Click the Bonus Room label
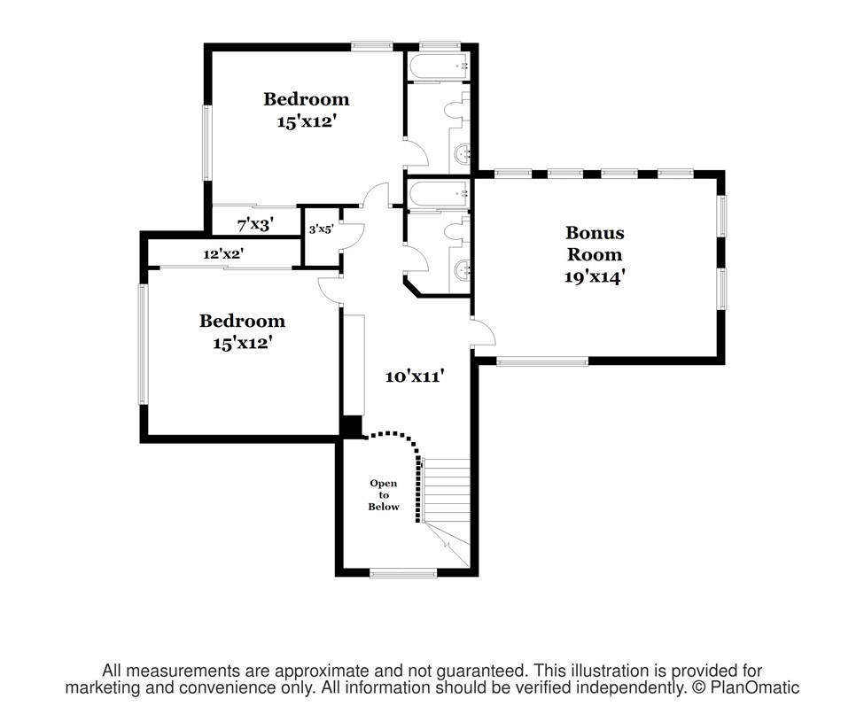(595, 244)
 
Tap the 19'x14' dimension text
(594, 276)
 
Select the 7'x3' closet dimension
(255, 224)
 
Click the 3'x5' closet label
(321, 229)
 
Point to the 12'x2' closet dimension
(223, 254)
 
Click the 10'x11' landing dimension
(415, 376)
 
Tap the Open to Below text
(384, 494)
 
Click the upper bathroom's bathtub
(439, 66)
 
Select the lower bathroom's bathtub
(439, 194)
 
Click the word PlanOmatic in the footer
(754, 687)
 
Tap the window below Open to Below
(403, 573)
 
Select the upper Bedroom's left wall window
(206, 144)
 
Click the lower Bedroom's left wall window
(143, 345)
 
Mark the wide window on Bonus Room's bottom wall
(542, 362)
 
